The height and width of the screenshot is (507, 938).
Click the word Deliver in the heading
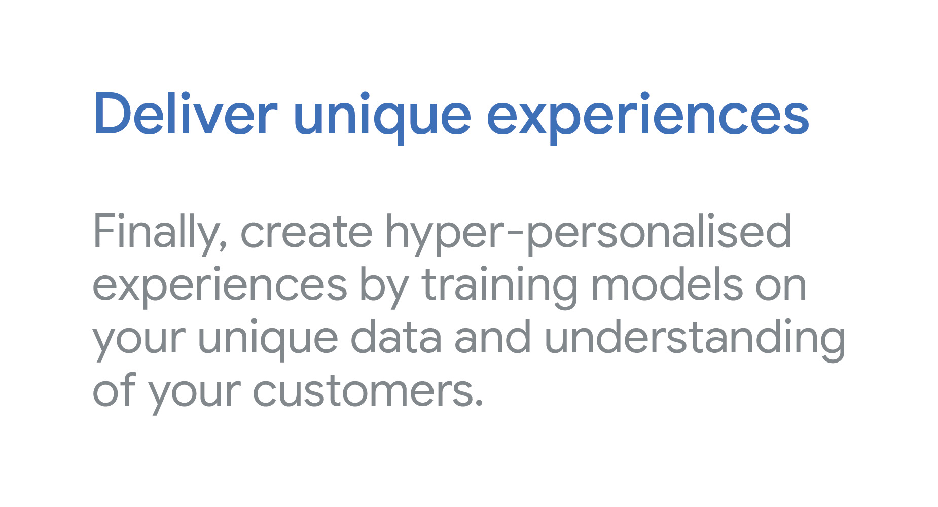click(186, 114)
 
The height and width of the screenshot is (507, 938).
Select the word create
click(306, 233)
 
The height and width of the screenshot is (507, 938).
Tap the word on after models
click(781, 287)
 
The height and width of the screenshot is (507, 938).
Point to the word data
click(396, 337)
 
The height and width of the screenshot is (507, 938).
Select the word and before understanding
click(493, 337)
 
